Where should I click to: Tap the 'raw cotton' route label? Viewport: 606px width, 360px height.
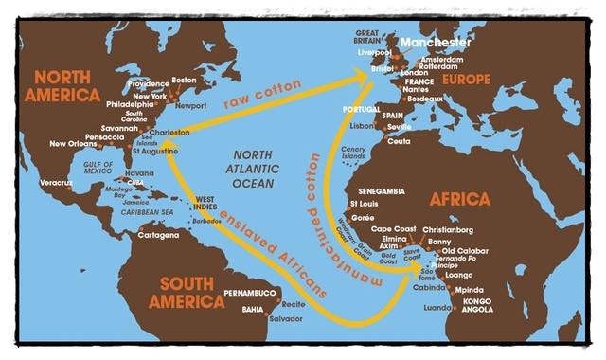[262, 94]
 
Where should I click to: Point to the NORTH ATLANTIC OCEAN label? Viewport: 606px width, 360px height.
[249, 171]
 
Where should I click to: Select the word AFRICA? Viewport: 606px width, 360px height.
[459, 200]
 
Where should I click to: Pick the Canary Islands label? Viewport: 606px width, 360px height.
[350, 153]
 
